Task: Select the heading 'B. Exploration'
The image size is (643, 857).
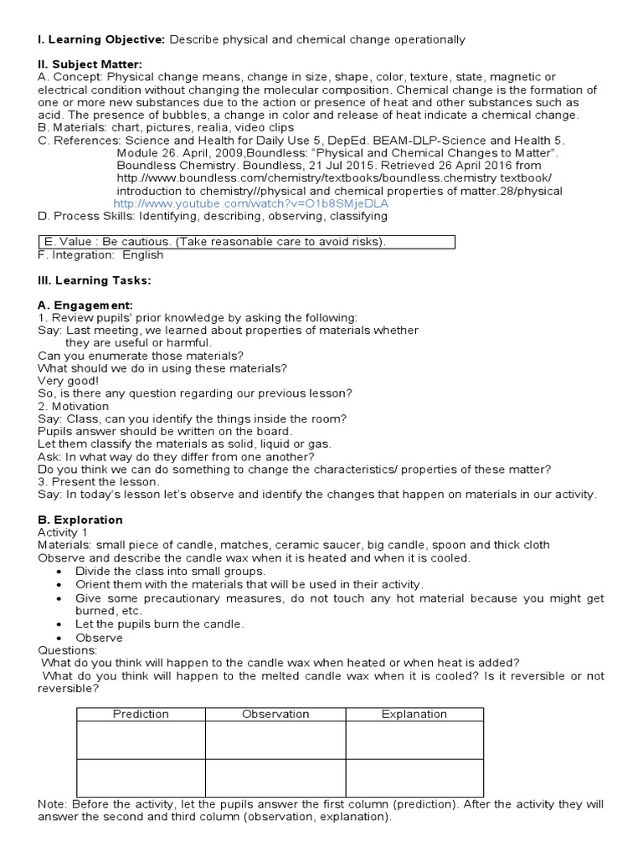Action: tap(80, 520)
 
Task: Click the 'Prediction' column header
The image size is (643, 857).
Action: tap(141, 714)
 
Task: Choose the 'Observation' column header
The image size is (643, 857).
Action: tap(275, 714)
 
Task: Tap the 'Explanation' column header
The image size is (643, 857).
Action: tap(414, 714)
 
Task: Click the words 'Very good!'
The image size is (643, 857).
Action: tap(69, 381)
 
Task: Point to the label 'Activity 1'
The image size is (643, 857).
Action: tap(63, 532)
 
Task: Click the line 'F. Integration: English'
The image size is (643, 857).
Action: tap(100, 255)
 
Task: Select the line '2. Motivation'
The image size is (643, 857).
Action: tap(74, 406)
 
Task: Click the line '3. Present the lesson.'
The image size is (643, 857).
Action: tap(98, 482)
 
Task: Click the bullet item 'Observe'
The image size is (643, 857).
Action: tap(99, 638)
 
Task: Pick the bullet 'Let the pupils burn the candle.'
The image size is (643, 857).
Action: tap(159, 624)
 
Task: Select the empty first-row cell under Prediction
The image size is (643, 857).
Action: tap(141, 740)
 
